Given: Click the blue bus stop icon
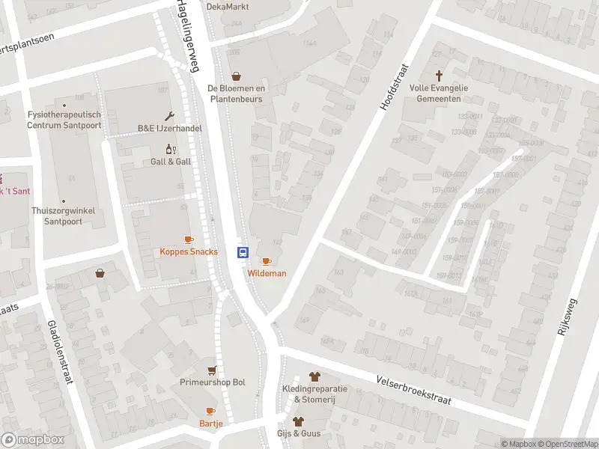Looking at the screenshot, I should (x=243, y=252).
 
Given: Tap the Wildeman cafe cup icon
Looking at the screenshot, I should (x=266, y=261).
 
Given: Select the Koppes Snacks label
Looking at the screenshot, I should (x=189, y=251).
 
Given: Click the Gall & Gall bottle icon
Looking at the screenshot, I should (x=171, y=149).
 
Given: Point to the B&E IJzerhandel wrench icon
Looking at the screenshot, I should (x=170, y=116).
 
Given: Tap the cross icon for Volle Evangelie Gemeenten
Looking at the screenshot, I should (x=439, y=76).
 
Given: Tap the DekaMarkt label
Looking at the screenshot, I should (x=228, y=7).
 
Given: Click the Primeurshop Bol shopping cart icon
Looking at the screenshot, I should (x=213, y=370).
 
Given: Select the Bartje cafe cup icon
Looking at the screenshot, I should (x=210, y=411).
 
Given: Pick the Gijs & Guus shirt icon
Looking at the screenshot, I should (x=298, y=421).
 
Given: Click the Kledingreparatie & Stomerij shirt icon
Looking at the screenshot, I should (x=314, y=376).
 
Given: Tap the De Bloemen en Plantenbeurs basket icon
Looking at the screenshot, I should (x=237, y=76).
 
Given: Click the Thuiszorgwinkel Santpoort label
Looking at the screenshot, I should (x=63, y=216).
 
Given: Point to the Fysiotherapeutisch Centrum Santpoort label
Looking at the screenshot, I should (x=64, y=120).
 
